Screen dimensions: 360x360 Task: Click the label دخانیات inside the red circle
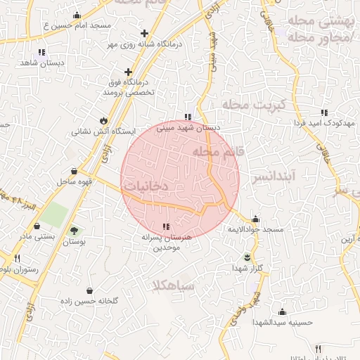[x=146, y=186]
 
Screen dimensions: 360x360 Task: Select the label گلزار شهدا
[x=247, y=268]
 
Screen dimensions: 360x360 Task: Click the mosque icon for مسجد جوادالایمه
[x=255, y=219]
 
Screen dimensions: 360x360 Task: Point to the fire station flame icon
[x=104, y=120]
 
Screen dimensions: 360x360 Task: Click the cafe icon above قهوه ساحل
[x=75, y=171]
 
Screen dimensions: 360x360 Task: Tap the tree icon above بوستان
[x=74, y=231]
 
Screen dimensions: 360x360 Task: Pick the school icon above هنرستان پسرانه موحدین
[x=166, y=226]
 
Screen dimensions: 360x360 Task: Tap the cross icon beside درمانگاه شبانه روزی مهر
[x=145, y=33]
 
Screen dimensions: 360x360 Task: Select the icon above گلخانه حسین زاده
[x=89, y=290]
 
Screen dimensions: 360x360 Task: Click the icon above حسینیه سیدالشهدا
[x=283, y=311]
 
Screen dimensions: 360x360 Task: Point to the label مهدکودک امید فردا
[x=324, y=122]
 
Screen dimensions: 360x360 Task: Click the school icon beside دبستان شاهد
[x=41, y=51]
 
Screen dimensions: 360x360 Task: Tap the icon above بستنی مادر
[x=37, y=226]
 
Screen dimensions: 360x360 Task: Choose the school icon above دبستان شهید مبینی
[x=187, y=117]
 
